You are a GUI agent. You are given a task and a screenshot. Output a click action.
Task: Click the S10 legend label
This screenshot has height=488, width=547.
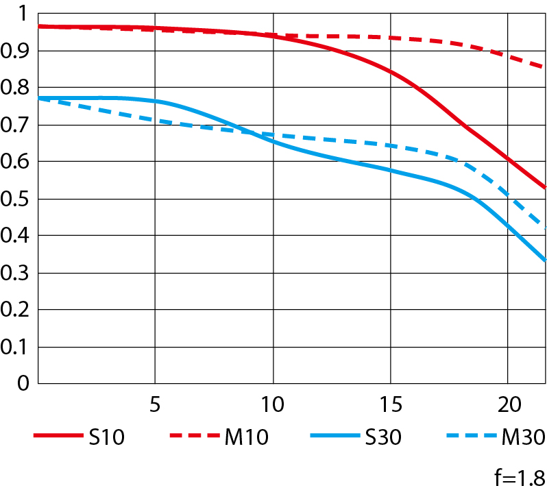pos(106,437)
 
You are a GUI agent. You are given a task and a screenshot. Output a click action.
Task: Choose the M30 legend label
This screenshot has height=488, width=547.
pos(522,437)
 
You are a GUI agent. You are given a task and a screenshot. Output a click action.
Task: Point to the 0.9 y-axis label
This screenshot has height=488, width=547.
pos(16,51)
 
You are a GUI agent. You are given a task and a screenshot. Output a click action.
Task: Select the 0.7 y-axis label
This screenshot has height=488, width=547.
pos(16,125)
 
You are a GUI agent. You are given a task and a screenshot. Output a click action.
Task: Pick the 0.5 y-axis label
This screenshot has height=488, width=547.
pos(16,199)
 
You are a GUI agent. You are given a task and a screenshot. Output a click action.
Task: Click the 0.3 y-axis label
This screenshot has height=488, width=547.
pos(16,273)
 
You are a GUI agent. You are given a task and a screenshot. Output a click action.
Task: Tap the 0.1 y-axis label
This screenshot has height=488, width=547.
pos(16,347)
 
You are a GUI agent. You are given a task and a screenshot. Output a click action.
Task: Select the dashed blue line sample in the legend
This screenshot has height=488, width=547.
pos(470,437)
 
